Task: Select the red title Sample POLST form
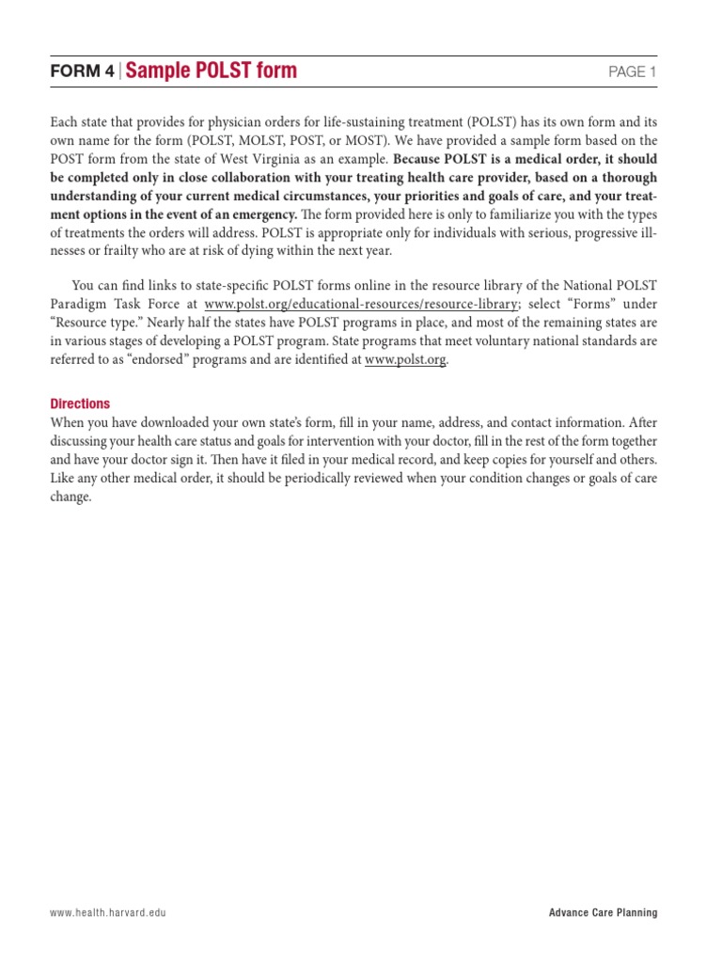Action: point(212,71)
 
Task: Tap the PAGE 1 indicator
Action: point(634,72)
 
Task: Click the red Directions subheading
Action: point(80,403)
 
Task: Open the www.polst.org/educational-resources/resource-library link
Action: point(361,304)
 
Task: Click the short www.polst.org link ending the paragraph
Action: point(405,359)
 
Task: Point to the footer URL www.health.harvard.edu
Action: point(109,913)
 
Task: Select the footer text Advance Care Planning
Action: point(604,913)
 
